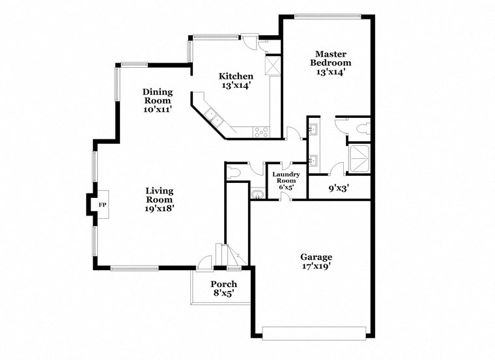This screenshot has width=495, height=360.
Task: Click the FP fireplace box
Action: [x=101, y=205]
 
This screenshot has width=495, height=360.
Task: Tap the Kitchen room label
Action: [x=235, y=76]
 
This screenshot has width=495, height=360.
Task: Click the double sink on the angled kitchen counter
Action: [x=212, y=117]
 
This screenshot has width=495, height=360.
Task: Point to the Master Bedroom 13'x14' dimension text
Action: [x=330, y=72]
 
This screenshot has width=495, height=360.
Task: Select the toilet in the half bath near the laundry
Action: [x=234, y=173]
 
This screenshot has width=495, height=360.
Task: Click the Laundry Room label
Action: [x=285, y=178]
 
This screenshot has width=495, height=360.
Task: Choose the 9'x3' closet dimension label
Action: [x=339, y=189]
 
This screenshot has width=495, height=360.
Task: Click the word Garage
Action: [x=316, y=256]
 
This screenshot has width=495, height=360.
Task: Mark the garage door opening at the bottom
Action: [x=315, y=332]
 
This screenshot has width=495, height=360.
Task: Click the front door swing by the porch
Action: [x=206, y=262]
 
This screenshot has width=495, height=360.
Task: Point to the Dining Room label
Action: [x=157, y=96]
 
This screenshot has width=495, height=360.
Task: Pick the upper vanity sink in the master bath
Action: [x=313, y=129]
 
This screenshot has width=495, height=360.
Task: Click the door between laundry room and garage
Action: [x=285, y=196]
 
